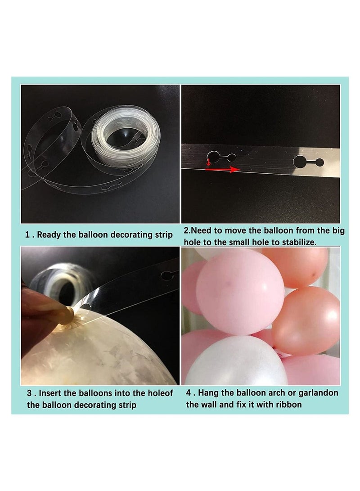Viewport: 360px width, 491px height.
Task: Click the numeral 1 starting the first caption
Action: tap(27, 235)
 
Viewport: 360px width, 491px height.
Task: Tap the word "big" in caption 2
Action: tap(338, 231)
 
